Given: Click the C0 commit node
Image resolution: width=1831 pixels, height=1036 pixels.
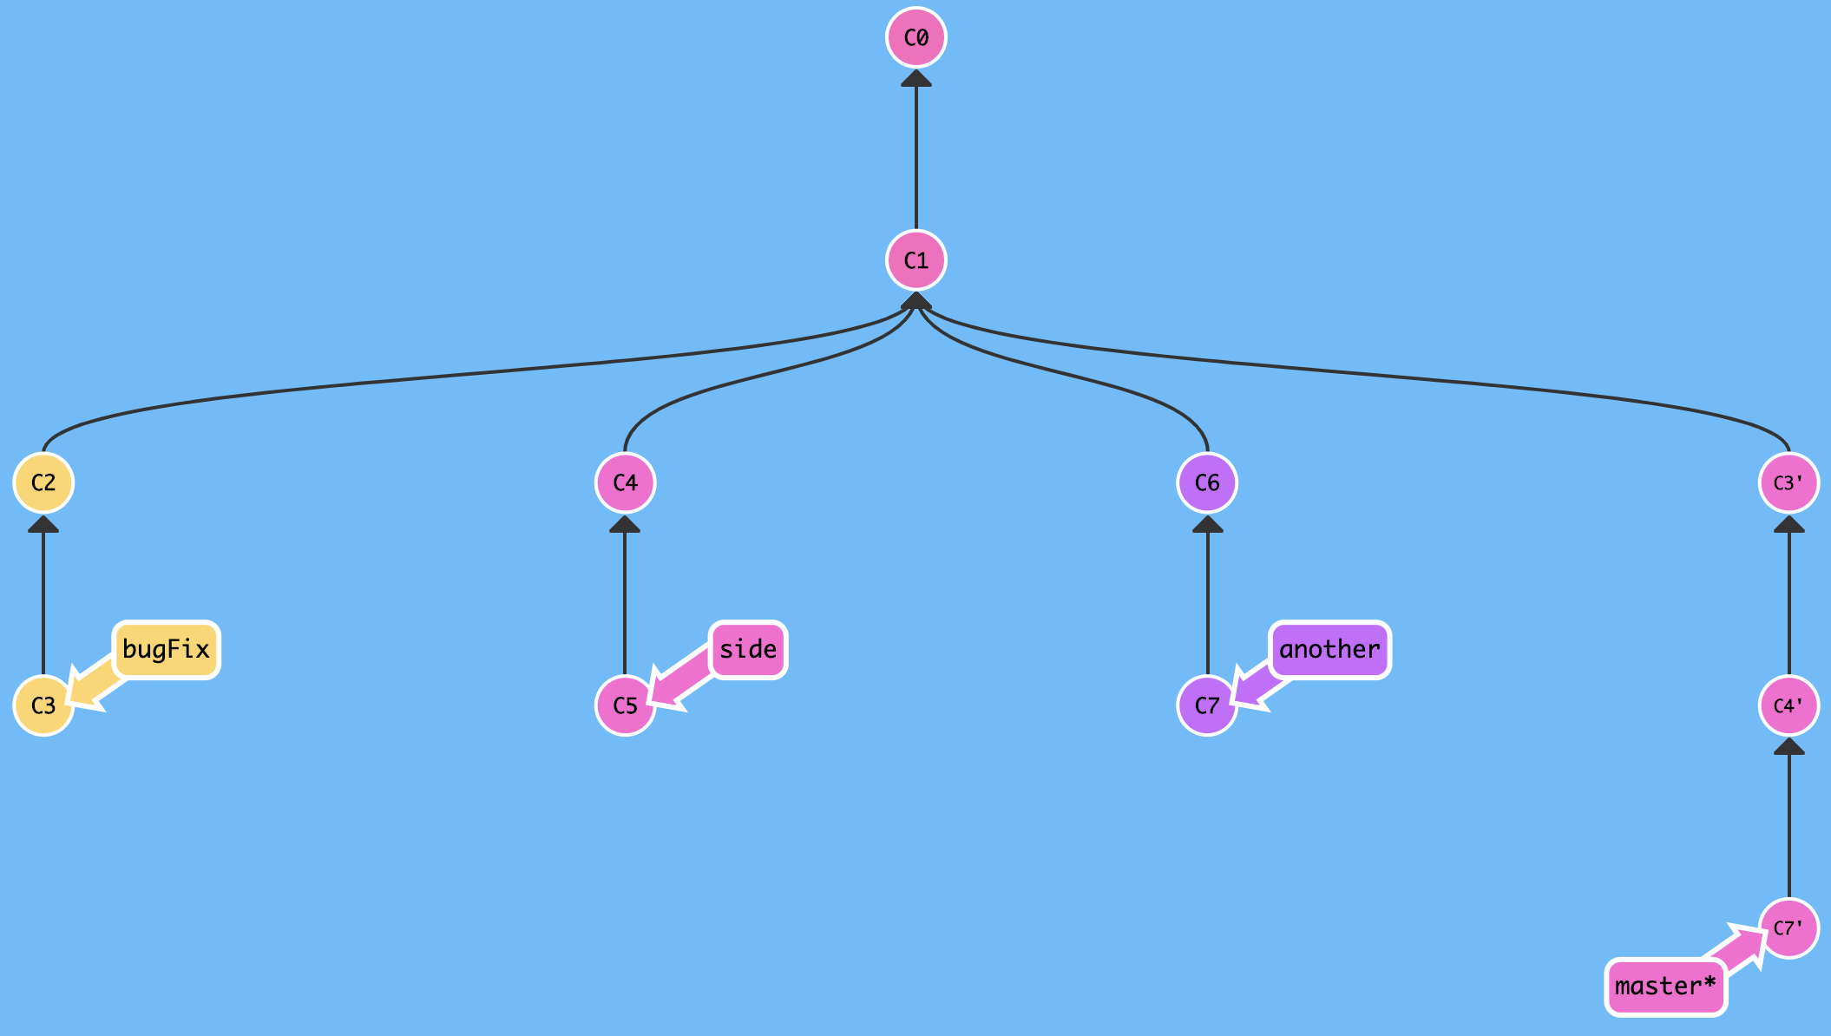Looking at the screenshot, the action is [916, 38].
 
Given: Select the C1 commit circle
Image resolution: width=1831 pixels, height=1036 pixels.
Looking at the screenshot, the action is [916, 260].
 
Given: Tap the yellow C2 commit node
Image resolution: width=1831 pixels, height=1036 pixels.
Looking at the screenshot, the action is [43, 482].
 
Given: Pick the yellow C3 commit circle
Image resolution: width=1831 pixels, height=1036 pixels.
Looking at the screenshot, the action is [43, 705].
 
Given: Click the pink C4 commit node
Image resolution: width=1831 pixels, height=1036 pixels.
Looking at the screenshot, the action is [625, 482].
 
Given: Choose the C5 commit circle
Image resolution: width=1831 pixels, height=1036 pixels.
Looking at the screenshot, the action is [625, 705].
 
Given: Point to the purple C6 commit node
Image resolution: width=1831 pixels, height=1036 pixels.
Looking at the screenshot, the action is [1207, 482].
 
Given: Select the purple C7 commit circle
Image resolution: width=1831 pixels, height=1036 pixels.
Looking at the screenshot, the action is [1207, 705].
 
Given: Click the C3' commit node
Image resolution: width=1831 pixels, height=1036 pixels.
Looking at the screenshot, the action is [1788, 482].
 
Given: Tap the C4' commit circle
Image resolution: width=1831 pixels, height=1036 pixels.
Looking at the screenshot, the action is [1788, 705].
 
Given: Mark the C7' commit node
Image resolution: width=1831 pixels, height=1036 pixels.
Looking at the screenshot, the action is [1788, 928].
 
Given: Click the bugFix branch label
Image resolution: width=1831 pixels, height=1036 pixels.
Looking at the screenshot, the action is [166, 650].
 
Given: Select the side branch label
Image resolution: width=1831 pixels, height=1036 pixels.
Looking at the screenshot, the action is [748, 650].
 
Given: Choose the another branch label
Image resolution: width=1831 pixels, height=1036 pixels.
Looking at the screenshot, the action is [1329, 650].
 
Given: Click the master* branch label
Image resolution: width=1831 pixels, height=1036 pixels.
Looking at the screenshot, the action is [1665, 987].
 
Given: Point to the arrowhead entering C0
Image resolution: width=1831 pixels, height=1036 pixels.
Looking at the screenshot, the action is [916, 79].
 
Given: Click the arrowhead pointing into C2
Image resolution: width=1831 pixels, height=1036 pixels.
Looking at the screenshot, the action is [43, 524].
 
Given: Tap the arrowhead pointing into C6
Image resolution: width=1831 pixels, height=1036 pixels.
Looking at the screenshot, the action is [1207, 524].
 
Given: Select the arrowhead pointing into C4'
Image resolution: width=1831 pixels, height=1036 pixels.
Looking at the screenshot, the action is [1788, 747].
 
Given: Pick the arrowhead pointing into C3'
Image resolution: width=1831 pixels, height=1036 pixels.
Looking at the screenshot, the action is [1788, 524].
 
